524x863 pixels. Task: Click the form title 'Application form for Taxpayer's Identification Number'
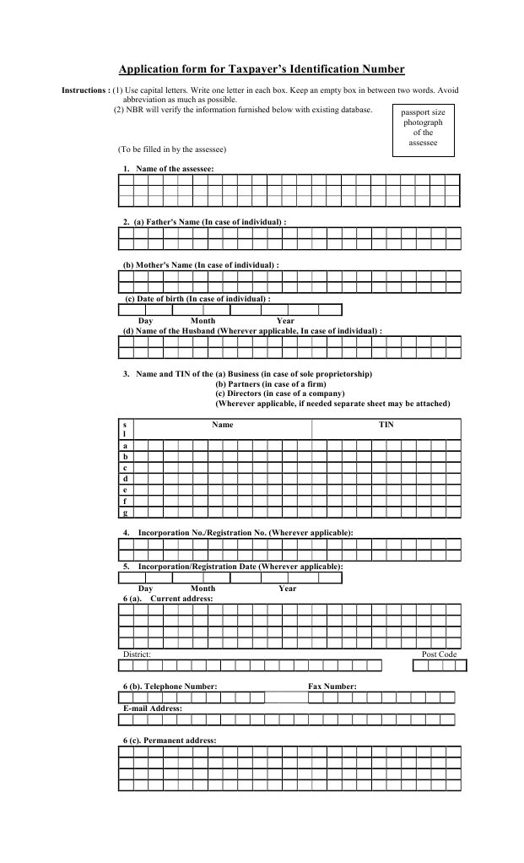click(x=261, y=69)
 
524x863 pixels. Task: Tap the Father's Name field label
click(x=209, y=221)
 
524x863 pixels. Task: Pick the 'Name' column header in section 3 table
click(x=222, y=425)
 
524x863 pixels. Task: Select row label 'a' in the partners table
click(x=125, y=445)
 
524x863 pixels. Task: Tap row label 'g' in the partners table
click(x=125, y=512)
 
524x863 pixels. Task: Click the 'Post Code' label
click(x=439, y=654)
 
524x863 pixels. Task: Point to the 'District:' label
click(x=137, y=654)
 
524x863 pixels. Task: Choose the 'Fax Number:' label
click(x=332, y=687)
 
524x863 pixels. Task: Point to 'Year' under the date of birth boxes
click(x=285, y=321)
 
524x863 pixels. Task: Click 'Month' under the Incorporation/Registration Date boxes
click(x=203, y=589)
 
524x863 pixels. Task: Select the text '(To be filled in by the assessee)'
click(x=172, y=149)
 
